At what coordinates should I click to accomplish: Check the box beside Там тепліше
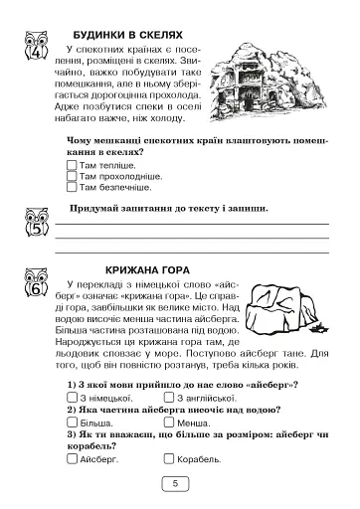pyautogui.click(x=71, y=163)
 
